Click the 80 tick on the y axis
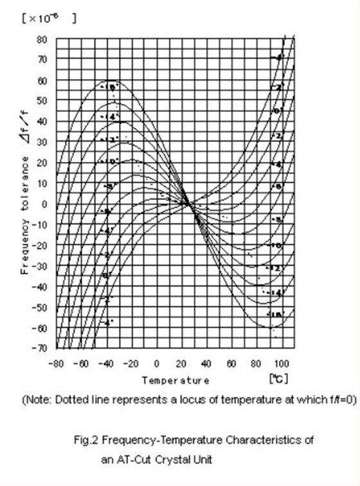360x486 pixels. point(42,39)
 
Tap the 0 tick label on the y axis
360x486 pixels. point(44,204)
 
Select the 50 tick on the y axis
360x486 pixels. point(42,101)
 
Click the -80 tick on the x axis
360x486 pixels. point(57,363)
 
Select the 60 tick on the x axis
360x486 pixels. point(232,363)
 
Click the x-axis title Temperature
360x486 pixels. point(175,381)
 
